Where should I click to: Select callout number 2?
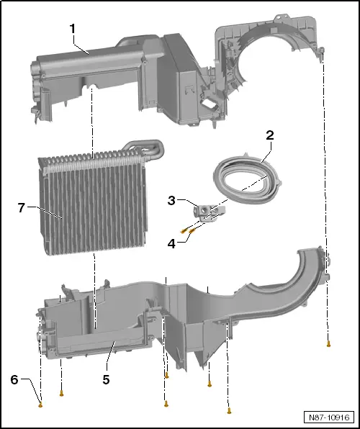pos(270,135)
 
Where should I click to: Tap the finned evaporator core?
pos(94,209)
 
